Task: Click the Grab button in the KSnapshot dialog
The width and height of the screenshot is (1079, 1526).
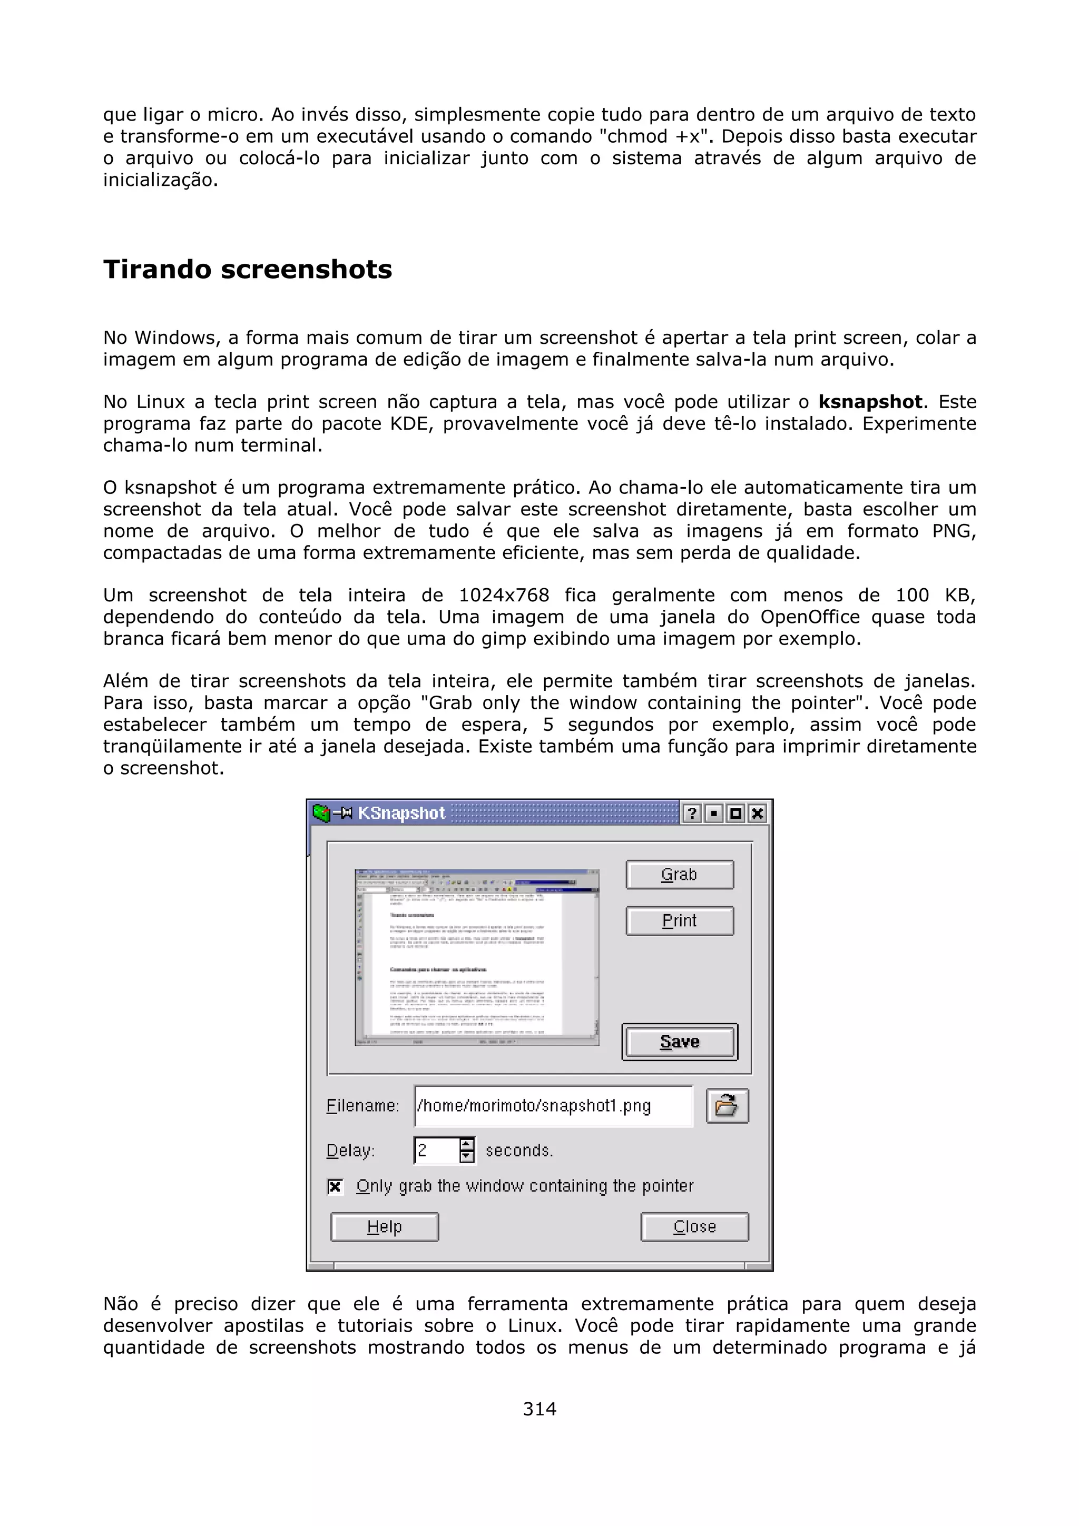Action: (x=680, y=875)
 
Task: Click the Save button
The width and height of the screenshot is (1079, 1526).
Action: (x=680, y=1042)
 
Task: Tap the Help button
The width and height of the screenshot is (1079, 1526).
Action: (x=384, y=1226)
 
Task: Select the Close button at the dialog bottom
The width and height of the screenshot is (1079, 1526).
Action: (x=694, y=1226)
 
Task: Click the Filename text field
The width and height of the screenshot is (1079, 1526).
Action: (x=553, y=1105)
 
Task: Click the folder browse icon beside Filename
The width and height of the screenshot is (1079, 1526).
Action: (x=727, y=1106)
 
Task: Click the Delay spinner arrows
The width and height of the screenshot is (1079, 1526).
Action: (x=467, y=1150)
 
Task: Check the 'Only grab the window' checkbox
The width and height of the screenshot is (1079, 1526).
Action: (x=336, y=1186)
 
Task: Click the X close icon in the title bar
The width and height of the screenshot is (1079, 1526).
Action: (x=757, y=813)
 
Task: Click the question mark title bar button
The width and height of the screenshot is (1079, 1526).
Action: (x=691, y=813)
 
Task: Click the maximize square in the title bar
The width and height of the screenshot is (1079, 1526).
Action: (x=735, y=813)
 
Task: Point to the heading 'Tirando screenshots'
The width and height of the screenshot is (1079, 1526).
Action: (x=247, y=269)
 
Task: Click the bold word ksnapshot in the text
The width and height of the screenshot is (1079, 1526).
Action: (x=870, y=402)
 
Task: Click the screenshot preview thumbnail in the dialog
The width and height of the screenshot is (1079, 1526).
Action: (x=477, y=957)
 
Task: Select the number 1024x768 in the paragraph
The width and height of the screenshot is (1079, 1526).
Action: (x=504, y=595)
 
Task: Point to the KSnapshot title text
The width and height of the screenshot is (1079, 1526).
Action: (x=401, y=813)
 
